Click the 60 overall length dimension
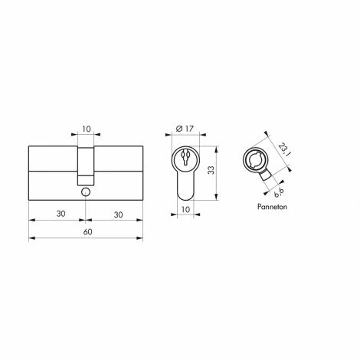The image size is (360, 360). coord(87,231)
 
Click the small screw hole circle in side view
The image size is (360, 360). coord(87,191)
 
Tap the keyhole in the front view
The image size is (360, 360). coord(185,161)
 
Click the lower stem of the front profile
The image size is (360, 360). coord(185,185)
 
